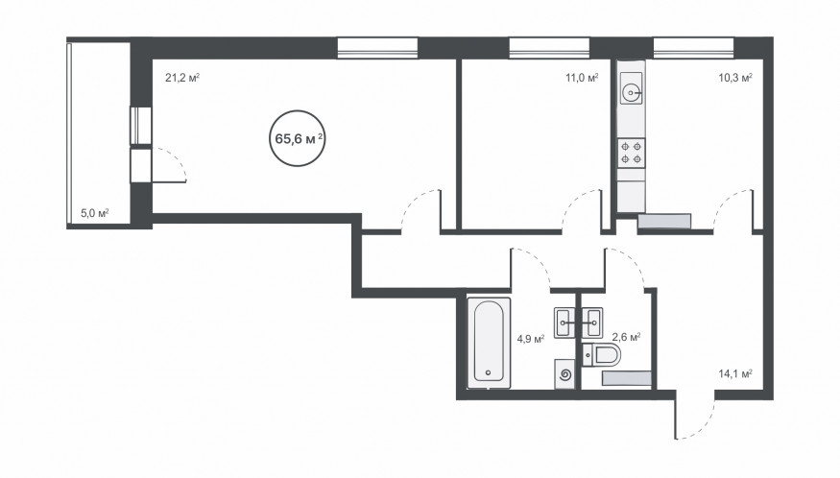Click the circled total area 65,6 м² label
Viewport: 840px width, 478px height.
[298, 139]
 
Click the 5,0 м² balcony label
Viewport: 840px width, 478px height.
[95, 213]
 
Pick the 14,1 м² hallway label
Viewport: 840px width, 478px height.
[735, 374]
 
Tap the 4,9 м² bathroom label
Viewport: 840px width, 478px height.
[530, 339]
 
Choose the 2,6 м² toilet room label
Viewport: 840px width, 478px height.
[627, 338]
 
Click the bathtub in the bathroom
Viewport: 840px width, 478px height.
[488, 343]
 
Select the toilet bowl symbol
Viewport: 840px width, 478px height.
[601, 355]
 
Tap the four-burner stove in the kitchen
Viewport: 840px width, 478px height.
[631, 153]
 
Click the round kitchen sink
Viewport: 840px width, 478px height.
[632, 93]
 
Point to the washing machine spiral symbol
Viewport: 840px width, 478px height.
[564, 374]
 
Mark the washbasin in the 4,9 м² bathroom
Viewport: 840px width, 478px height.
[564, 323]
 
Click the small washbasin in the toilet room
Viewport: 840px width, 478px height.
[592, 323]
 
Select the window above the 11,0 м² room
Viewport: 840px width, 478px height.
[550, 47]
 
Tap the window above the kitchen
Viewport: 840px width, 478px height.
[693, 47]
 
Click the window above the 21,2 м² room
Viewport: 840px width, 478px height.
[377, 47]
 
